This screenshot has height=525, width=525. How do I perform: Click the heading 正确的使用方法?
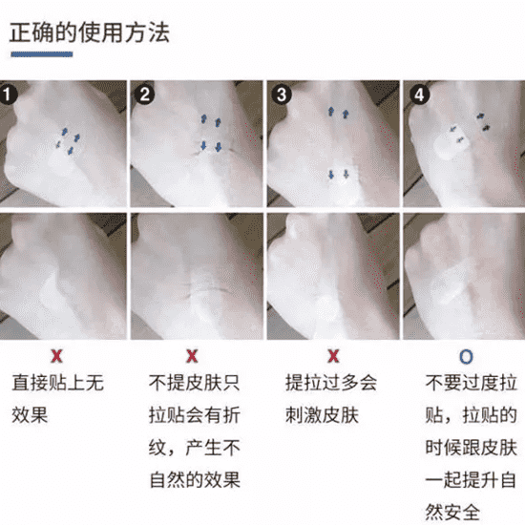click(x=90, y=32)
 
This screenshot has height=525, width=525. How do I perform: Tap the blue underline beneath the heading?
click(x=41, y=54)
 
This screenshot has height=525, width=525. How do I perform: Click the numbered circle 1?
click(x=8, y=94)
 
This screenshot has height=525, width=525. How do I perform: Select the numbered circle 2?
click(x=144, y=94)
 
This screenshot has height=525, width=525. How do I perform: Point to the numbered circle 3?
click(x=282, y=94)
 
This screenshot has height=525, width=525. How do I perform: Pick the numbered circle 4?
click(x=419, y=94)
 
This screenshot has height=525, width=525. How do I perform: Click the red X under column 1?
click(x=57, y=356)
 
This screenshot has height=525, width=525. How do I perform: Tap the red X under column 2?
click(x=192, y=356)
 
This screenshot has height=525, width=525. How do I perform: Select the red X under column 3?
click(x=333, y=356)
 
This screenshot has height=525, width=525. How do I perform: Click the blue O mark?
click(x=466, y=357)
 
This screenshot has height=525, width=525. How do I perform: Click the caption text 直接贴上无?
click(x=58, y=383)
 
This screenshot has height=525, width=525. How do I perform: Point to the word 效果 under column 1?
click(x=31, y=415)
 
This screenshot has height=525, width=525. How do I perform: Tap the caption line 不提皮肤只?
click(x=195, y=383)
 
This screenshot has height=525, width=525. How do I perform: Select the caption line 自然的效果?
click(x=195, y=480)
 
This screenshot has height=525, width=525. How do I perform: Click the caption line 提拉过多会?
click(x=331, y=383)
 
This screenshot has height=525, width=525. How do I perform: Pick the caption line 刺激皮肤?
click(x=322, y=415)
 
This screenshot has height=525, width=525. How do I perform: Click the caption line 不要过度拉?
click(x=472, y=383)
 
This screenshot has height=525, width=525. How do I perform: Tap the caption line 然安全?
click(x=452, y=513)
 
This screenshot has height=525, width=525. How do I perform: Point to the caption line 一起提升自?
click(x=471, y=480)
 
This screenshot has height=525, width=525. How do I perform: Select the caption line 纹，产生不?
click(x=195, y=448)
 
